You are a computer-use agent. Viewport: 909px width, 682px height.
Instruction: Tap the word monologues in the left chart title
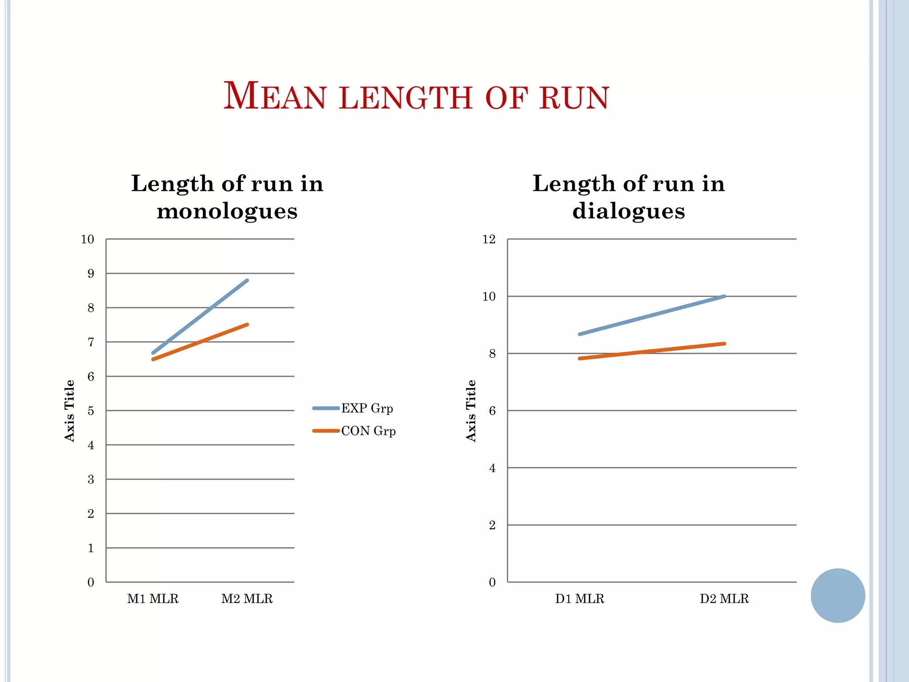[x=227, y=211]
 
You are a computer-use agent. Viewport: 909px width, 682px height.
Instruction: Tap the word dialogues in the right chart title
[x=628, y=211]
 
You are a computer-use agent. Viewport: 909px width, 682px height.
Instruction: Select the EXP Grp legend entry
[x=367, y=408]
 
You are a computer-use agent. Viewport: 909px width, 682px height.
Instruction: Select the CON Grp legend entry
[x=368, y=431]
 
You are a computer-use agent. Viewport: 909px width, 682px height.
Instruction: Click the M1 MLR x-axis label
[x=153, y=599]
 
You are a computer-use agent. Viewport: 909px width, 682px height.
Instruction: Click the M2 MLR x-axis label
[x=247, y=599]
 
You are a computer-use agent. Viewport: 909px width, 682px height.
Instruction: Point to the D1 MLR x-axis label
[x=580, y=599]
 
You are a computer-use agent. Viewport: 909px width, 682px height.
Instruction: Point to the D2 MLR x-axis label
[x=724, y=599]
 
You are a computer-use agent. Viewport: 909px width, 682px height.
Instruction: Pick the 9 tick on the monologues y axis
[x=91, y=274]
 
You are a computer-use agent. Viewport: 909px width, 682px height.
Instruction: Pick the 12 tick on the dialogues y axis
[x=489, y=239]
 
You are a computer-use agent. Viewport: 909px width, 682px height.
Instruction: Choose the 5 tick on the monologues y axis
[x=91, y=411]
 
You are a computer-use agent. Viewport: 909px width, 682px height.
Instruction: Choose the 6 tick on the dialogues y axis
[x=492, y=411]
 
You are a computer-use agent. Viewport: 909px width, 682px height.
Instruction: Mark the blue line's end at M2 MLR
[x=247, y=281]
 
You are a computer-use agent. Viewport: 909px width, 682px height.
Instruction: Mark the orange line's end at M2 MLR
[x=247, y=325]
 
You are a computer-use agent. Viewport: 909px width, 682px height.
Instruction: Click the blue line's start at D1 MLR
[x=580, y=334]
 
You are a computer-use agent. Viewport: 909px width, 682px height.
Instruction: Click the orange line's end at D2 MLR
[x=724, y=344]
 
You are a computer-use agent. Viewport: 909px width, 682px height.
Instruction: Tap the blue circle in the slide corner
[x=838, y=595]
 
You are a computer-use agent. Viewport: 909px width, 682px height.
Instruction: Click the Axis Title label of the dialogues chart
[x=471, y=411]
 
